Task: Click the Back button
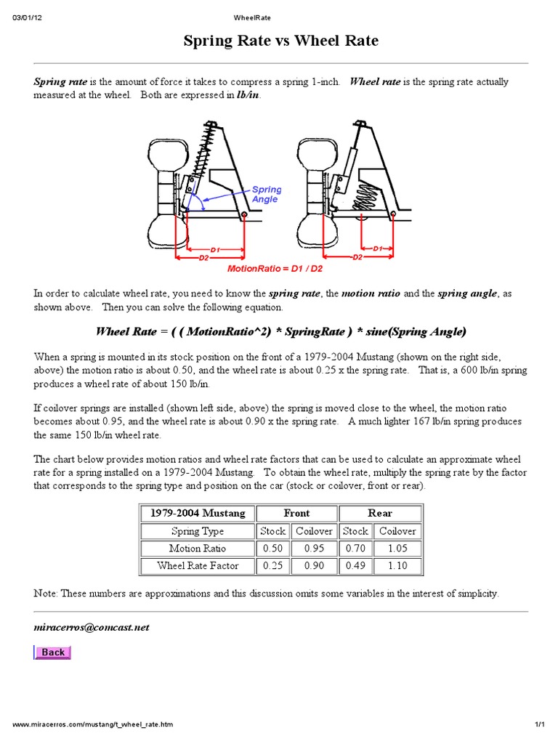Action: [x=52, y=652]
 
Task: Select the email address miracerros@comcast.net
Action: [x=92, y=627]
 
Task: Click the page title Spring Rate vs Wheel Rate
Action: [x=280, y=41]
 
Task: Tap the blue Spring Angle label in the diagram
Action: [x=267, y=194]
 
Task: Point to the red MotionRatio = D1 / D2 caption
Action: [x=275, y=268]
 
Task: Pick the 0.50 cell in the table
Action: [x=273, y=549]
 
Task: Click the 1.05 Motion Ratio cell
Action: [x=397, y=549]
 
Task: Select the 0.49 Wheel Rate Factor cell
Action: [x=355, y=565]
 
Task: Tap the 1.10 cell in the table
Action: [x=397, y=565]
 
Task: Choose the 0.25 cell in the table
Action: [x=273, y=565]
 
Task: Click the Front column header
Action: [x=296, y=513]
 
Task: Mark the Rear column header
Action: [x=380, y=513]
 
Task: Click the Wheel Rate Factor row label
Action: [x=198, y=565]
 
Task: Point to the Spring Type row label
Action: [x=198, y=531]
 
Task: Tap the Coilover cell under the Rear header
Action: [x=397, y=531]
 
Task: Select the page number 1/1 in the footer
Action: [x=539, y=725]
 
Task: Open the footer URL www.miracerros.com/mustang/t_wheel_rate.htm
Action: [x=93, y=725]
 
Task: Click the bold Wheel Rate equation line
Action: [x=280, y=331]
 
